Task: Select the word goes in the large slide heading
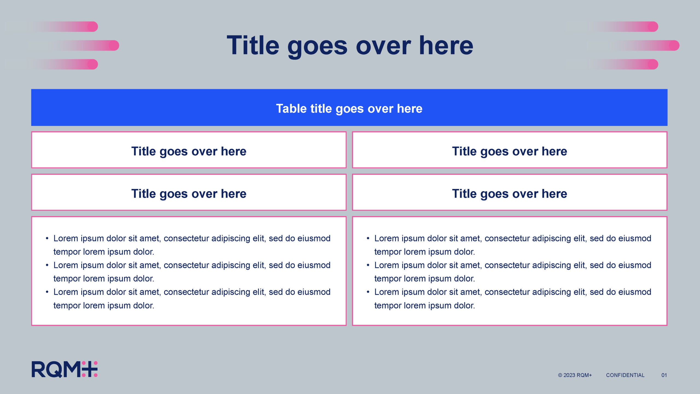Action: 317,48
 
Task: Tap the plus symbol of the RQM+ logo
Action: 90,369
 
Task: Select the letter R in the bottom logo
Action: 39,369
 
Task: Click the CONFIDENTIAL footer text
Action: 625,375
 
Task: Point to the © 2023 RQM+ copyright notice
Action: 575,375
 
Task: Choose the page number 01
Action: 664,375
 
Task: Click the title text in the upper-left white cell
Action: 189,152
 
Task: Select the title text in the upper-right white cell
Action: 509,152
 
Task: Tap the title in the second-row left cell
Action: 189,194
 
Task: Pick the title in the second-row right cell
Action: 509,194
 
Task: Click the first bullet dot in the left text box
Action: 47,239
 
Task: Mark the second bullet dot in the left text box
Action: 47,265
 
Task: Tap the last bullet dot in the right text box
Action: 368,292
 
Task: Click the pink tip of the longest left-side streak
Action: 114,45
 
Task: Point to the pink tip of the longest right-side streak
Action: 674,45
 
